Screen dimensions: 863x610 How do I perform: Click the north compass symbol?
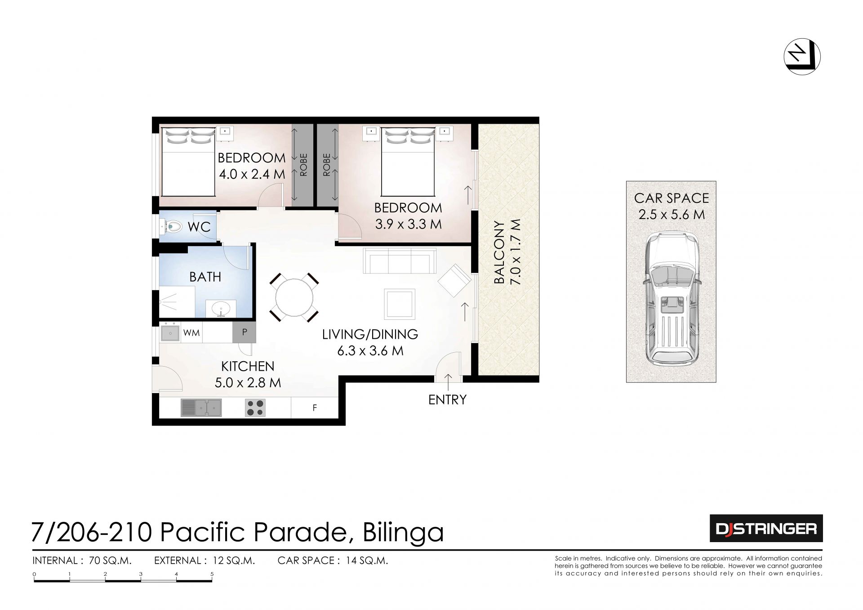802,57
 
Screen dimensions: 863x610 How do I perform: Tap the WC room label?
199,227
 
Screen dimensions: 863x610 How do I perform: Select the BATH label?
205,277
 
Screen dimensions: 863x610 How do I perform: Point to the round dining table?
294,298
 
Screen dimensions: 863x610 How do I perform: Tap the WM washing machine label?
191,333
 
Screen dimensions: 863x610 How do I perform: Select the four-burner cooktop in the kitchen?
255,408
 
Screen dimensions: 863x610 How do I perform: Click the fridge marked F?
315,408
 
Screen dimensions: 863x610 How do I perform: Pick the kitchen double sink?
201,408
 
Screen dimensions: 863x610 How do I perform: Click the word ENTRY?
447,399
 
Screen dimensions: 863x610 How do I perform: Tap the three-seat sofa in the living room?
400,260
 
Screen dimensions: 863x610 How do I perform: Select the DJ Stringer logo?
766,529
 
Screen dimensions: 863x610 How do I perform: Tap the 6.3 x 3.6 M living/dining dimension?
370,350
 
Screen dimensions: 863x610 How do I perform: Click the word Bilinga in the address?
403,532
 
